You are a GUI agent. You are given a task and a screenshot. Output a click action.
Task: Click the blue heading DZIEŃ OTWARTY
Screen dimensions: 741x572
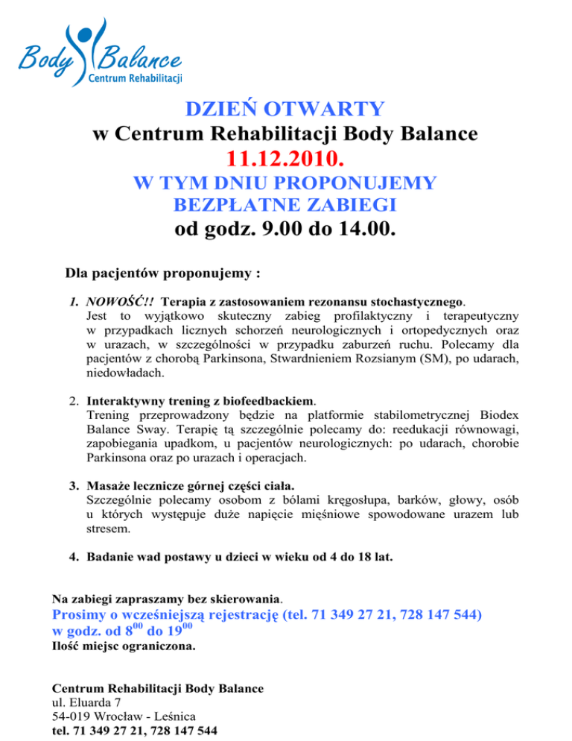285,109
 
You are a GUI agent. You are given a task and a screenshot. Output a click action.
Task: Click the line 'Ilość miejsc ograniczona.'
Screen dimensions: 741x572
124,647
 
